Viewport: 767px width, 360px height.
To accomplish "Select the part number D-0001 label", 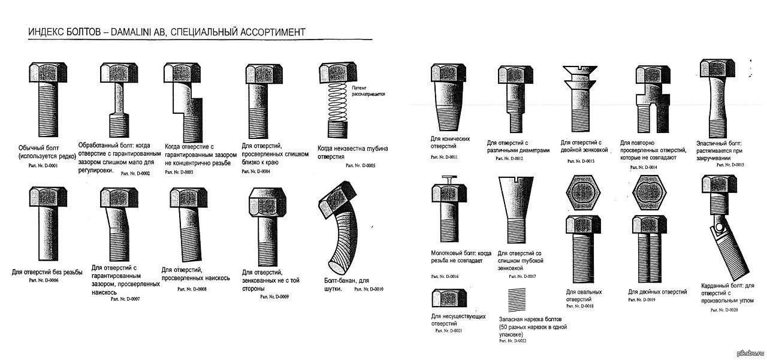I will coord(43,165).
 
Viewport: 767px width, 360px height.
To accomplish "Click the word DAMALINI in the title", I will coord(136,31).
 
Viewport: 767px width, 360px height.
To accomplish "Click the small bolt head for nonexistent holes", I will coord(445,300).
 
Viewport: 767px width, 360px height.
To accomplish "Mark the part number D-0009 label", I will coord(274,297).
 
